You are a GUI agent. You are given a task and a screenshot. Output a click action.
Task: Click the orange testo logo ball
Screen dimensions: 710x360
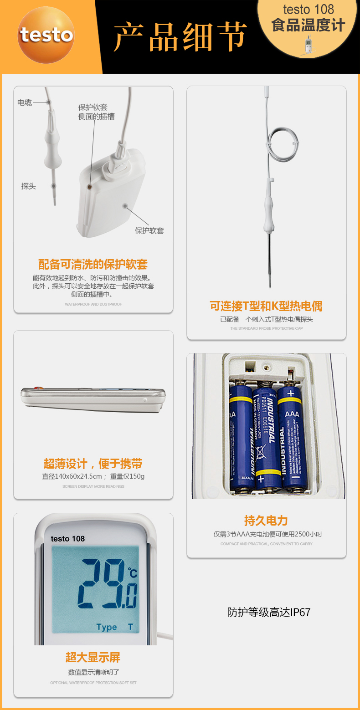46,35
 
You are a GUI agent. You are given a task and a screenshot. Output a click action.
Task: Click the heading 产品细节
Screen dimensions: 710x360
180,36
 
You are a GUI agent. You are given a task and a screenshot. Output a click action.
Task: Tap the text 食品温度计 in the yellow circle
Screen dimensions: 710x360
308,25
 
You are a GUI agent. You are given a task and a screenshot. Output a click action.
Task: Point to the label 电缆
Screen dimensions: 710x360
25,102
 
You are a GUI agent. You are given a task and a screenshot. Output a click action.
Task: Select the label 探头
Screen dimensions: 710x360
28,186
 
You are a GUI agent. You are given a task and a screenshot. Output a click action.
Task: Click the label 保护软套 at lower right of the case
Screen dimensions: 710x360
149,230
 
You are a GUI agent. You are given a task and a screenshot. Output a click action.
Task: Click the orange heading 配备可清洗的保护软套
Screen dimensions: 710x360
93,264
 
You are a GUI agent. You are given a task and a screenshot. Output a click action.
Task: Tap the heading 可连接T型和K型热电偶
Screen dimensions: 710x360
266,306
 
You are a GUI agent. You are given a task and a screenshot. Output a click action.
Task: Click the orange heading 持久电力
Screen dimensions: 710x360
266,521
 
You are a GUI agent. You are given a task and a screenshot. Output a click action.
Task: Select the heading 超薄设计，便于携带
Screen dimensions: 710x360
93,464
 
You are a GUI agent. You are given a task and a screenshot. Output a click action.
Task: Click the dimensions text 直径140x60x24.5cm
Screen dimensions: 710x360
72,476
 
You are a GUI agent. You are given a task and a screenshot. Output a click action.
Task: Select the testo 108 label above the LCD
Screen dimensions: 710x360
67,539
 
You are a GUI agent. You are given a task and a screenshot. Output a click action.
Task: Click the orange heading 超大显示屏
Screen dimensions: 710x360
93,657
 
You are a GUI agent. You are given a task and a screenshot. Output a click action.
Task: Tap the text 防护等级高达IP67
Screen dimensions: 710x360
269,612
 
